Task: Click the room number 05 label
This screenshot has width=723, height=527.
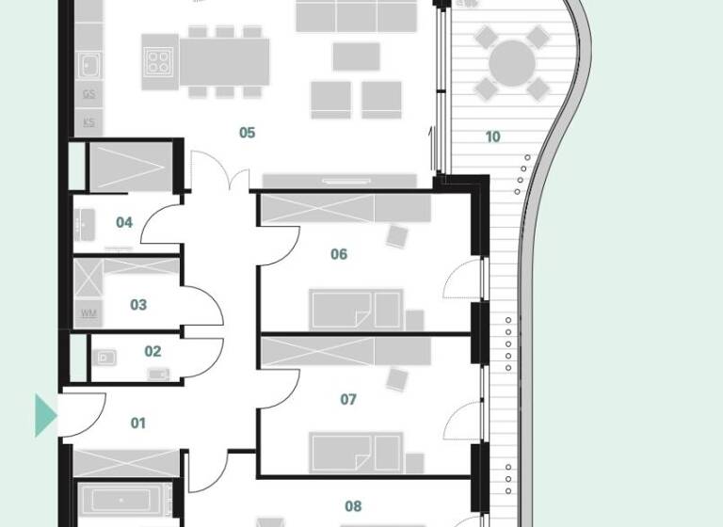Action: coord(247,133)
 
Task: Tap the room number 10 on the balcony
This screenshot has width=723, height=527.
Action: coord(492,136)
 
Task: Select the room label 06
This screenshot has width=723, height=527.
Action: coord(339,254)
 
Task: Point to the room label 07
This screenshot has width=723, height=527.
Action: coord(348,399)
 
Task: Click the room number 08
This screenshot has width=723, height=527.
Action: coord(353,506)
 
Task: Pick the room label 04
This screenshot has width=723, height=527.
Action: coord(124,223)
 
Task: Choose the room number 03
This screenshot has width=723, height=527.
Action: coord(138,305)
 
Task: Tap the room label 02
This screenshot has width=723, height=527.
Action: coord(153,352)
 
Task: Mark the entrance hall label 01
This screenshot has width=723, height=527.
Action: coord(138,423)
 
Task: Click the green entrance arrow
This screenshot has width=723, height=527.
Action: coord(45,415)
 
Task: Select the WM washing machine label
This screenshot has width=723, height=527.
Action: coord(89,312)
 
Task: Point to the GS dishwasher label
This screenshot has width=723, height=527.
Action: coord(89,94)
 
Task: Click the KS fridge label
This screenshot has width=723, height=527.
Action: coord(89,122)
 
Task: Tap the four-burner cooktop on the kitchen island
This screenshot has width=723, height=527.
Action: coord(159,62)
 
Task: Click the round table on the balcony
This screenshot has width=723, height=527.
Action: coord(511,63)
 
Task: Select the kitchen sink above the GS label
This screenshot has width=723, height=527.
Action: coord(89,66)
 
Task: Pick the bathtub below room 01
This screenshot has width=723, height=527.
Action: coord(123,499)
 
